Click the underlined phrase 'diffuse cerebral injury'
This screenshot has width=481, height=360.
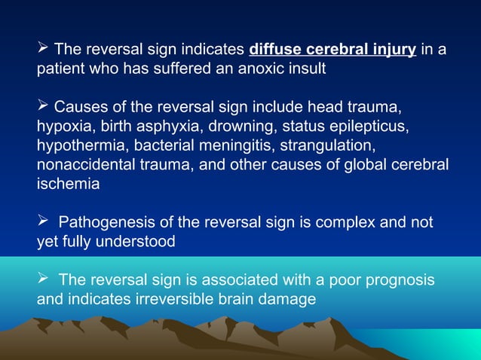(x=332, y=50)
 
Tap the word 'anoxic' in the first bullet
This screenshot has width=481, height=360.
(x=254, y=70)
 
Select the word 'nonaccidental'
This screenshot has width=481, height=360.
(x=84, y=163)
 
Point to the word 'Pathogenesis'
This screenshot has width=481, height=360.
(x=105, y=222)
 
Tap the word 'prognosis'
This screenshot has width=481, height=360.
(x=400, y=280)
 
